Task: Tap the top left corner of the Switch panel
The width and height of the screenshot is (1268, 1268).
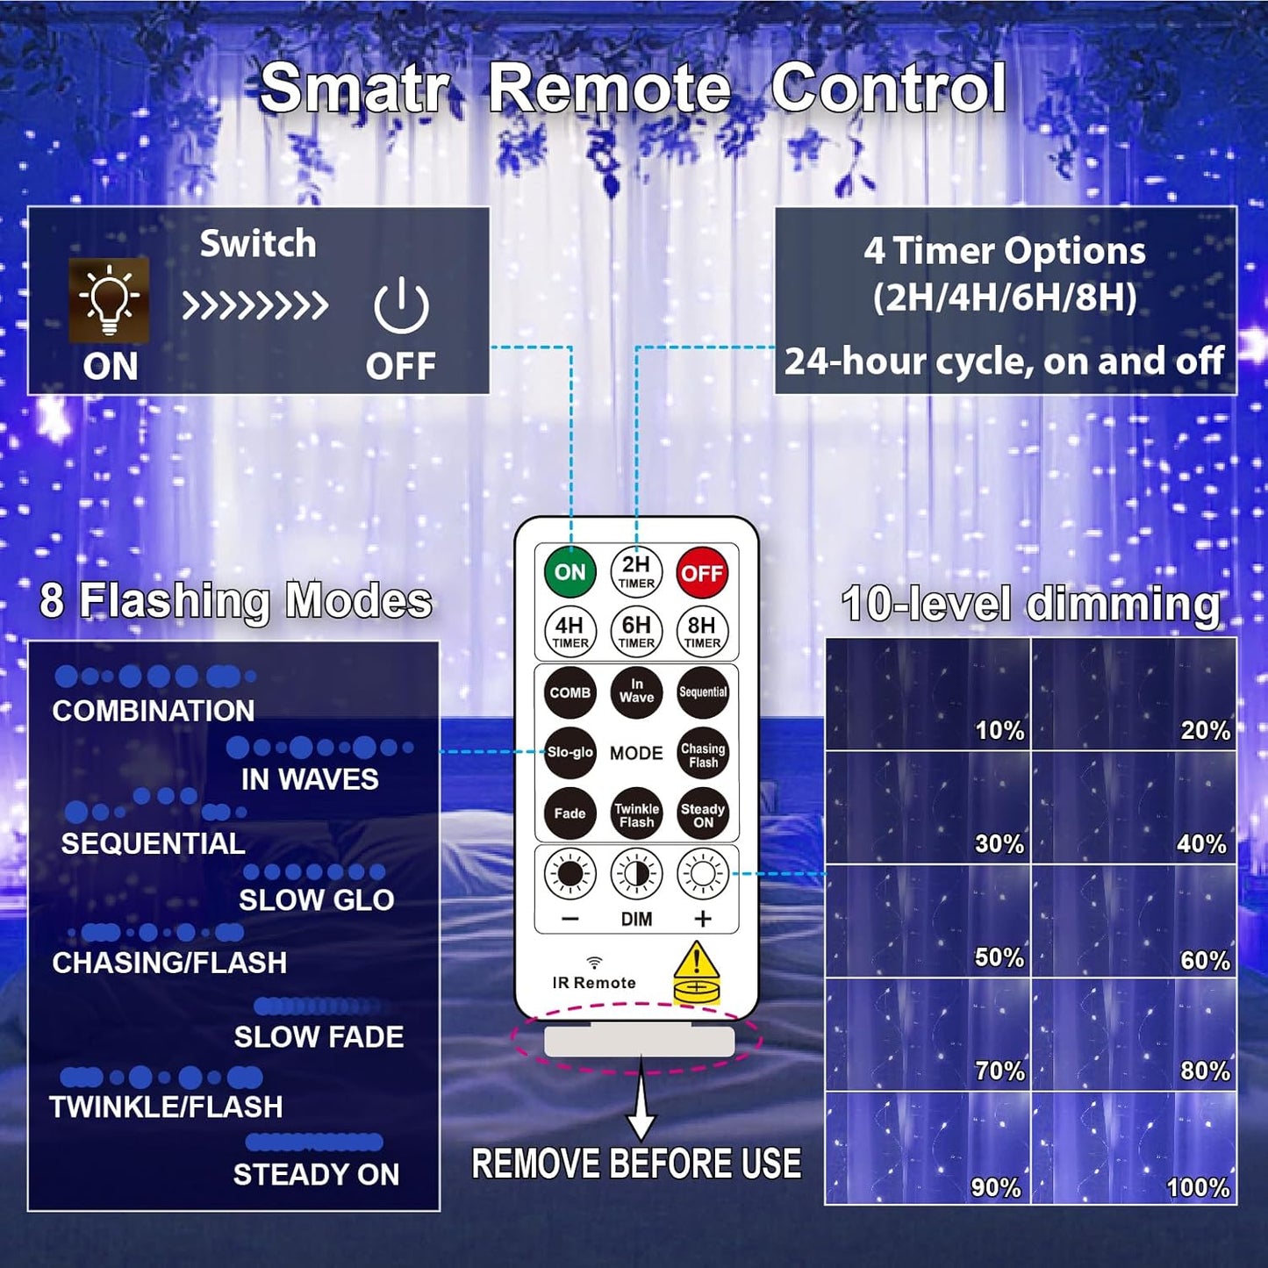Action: coord(27,207)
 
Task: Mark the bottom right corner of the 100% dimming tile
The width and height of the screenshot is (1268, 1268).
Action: coord(1236,1204)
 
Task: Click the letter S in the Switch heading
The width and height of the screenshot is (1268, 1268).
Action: coord(211,244)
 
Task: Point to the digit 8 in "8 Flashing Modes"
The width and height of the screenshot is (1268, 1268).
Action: coord(52,601)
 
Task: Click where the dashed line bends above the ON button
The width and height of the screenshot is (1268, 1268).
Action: coord(570,346)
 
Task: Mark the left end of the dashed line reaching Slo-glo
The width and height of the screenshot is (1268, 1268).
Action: coord(440,751)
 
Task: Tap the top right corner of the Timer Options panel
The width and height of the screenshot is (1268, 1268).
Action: coord(1236,208)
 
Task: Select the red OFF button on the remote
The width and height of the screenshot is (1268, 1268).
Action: coord(702,572)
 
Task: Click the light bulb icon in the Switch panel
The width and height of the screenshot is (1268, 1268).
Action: coord(109,300)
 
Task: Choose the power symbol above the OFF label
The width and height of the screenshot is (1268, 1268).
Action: coord(401,304)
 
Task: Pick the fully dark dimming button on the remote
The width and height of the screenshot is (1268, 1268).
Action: coord(570,874)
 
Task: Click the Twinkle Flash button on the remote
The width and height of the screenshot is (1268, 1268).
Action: coord(636,814)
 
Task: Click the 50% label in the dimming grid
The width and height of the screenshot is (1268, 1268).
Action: coord(999,957)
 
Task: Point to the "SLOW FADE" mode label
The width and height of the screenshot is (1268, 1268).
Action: coord(319,1037)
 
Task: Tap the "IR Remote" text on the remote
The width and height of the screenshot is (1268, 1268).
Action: coord(594,983)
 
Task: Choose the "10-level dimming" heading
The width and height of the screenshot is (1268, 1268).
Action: coord(1030,604)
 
